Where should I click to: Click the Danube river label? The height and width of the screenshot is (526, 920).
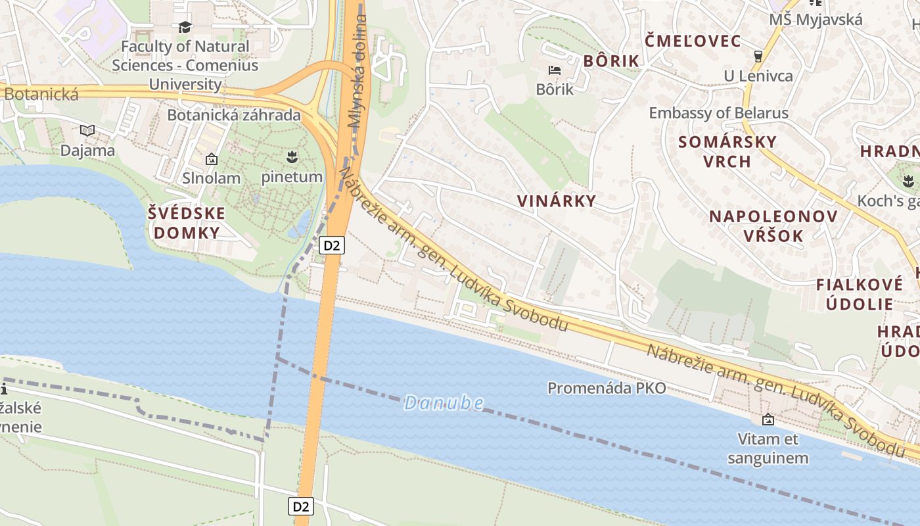[444, 402]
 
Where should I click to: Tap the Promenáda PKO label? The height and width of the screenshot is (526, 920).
[607, 388]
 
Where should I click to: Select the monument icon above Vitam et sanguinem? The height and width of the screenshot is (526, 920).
[768, 419]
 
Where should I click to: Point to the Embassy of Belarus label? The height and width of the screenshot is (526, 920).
[718, 113]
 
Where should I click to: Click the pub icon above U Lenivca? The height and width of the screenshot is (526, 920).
[758, 57]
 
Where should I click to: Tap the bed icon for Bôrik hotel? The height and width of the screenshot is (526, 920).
[555, 70]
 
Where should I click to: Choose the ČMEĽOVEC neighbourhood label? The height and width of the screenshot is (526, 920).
[693, 41]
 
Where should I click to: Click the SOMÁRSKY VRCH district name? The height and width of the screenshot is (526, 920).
[727, 151]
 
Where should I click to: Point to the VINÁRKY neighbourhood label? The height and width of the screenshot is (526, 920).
[556, 201]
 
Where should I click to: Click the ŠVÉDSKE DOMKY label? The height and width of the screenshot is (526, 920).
[186, 223]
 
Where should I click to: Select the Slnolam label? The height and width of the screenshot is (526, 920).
[211, 178]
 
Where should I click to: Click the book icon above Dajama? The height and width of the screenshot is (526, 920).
[87, 130]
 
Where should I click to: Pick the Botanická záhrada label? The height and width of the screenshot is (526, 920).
[233, 115]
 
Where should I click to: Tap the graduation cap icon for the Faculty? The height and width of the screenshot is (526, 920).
[185, 28]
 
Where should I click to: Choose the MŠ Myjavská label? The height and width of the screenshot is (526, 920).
[816, 20]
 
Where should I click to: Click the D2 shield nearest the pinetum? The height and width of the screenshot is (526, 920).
[332, 246]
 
